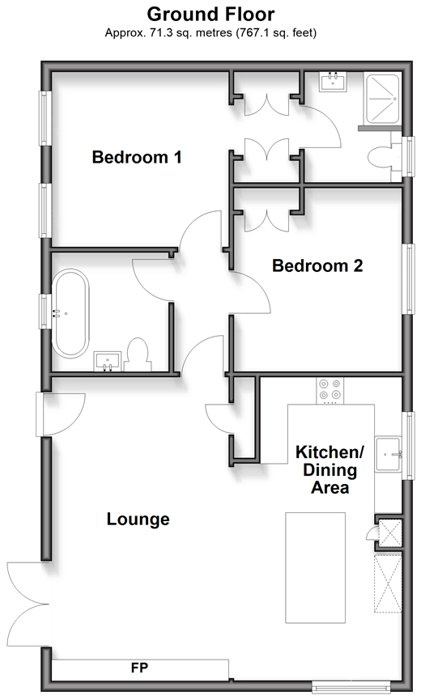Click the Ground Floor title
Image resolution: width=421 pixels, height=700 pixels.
click(x=210, y=15)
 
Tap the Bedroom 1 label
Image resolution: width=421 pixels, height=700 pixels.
click(x=137, y=157)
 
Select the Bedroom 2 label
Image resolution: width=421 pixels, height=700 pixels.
click(x=317, y=265)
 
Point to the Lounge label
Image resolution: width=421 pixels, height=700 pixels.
click(x=138, y=520)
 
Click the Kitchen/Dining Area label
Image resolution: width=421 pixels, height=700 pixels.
click(x=330, y=469)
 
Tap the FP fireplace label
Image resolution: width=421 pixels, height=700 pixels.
click(x=140, y=668)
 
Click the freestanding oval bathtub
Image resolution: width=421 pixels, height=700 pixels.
click(x=70, y=312)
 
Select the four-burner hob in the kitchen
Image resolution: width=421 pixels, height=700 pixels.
click(x=330, y=390)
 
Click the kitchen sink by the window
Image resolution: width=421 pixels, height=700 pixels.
click(x=389, y=454)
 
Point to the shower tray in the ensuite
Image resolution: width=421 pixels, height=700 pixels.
click(x=382, y=98)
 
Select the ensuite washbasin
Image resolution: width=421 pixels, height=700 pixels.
click(x=333, y=81)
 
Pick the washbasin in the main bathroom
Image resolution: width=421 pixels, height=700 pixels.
click(x=107, y=361)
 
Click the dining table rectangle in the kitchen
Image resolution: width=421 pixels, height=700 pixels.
click(x=315, y=567)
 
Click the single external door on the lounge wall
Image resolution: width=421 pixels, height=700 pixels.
click(x=60, y=414)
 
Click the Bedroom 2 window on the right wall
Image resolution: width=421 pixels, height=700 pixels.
click(x=408, y=278)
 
